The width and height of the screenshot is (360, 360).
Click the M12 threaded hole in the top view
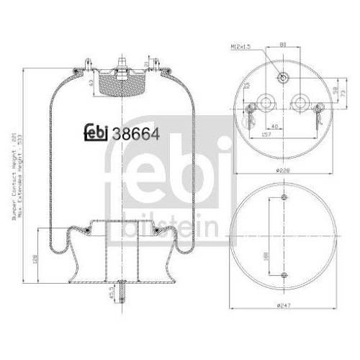pyautogui.click(x=284, y=78)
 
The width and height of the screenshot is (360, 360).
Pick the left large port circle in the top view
pyautogui.click(x=268, y=102)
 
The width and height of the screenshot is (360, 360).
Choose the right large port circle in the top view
pyautogui.click(x=300, y=102)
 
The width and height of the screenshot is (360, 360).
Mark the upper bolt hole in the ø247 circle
pyautogui.click(x=284, y=198)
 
